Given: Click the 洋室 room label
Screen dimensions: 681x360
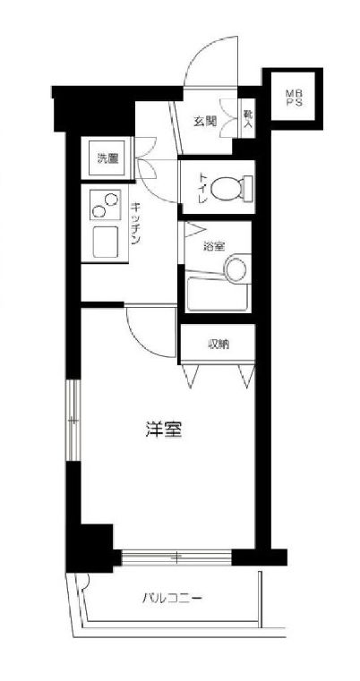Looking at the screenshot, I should [164, 429].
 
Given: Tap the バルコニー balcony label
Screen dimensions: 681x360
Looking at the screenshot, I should [169, 599].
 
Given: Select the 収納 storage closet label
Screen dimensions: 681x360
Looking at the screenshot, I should [219, 343].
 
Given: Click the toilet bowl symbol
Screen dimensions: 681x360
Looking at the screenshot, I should [237, 188].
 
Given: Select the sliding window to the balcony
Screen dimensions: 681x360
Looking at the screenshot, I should [177, 558].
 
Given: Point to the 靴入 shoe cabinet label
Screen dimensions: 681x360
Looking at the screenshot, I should [248, 119].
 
